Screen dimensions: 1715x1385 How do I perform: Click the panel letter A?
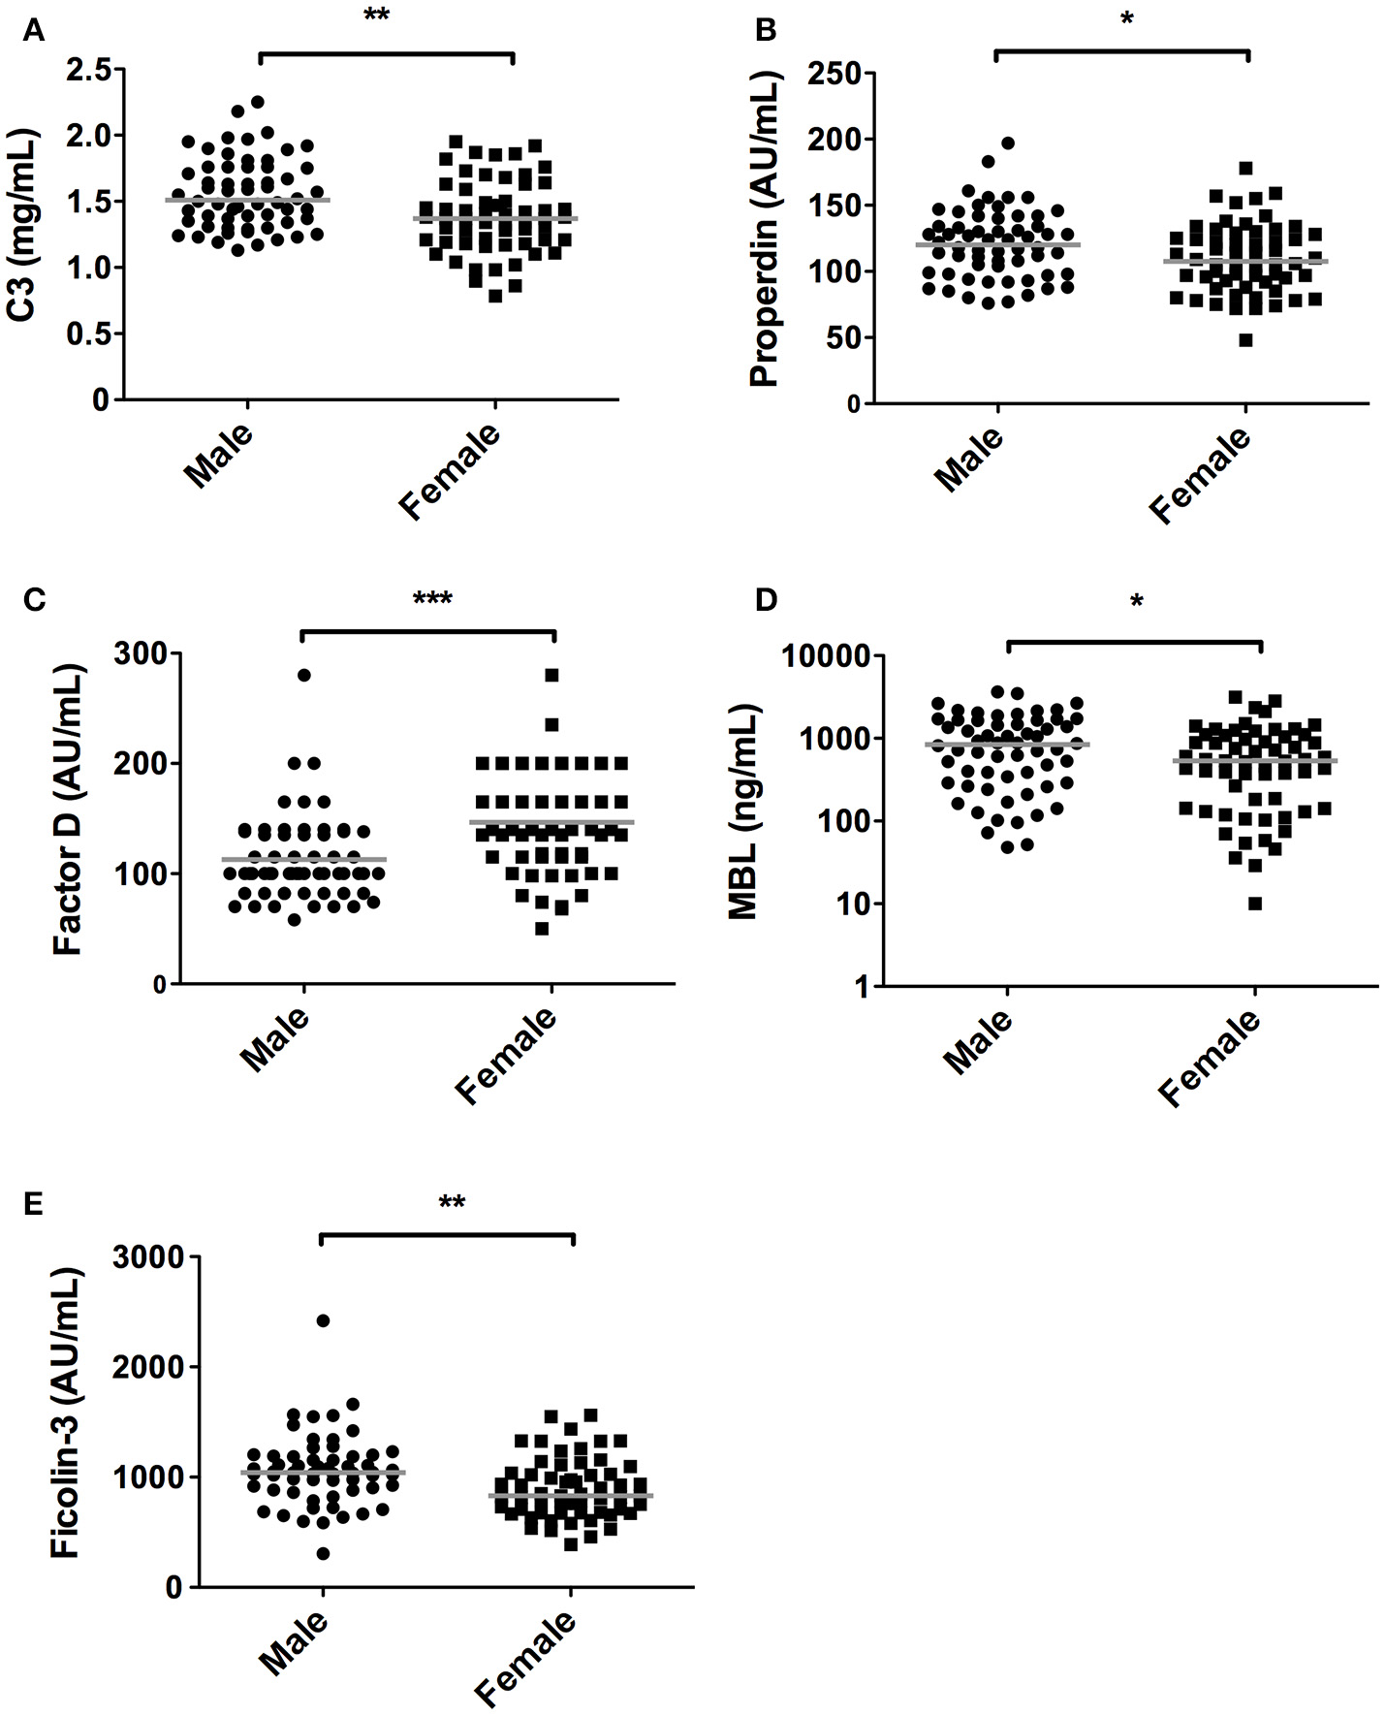coord(34,32)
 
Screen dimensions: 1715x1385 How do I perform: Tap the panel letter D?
coord(766,600)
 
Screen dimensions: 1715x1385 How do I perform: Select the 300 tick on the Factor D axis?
coord(140,653)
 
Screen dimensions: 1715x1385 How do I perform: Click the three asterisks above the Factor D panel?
coord(432,599)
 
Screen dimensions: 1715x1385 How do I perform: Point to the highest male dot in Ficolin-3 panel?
coord(323,1320)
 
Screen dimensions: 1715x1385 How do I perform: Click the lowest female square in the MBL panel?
coord(1254,904)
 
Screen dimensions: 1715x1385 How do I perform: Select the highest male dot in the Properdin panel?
coord(1008,143)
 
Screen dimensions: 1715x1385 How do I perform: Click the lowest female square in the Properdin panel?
coord(1245,340)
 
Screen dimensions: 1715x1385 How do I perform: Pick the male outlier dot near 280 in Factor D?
coord(304,675)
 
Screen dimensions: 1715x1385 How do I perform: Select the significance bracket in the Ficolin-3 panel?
coord(447,1235)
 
